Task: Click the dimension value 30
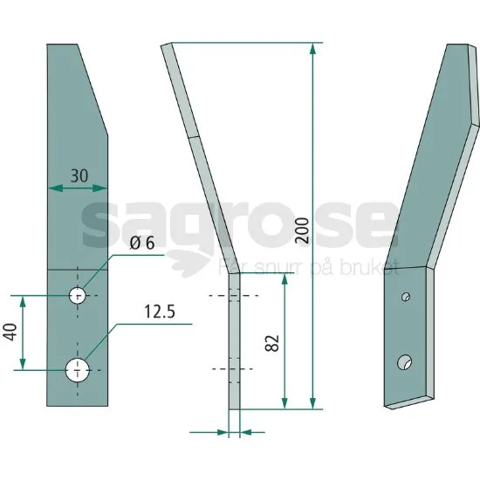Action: pyautogui.click(x=79, y=176)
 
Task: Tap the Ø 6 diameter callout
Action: pyautogui.click(x=142, y=243)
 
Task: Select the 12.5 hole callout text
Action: pyautogui.click(x=160, y=312)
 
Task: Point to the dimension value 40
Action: pyautogui.click(x=10, y=333)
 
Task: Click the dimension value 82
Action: pyautogui.click(x=271, y=343)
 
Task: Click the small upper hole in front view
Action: pyautogui.click(x=77, y=296)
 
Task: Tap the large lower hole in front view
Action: pyautogui.click(x=78, y=370)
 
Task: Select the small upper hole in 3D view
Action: pyautogui.click(x=406, y=297)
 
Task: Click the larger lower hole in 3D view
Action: pyautogui.click(x=404, y=362)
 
